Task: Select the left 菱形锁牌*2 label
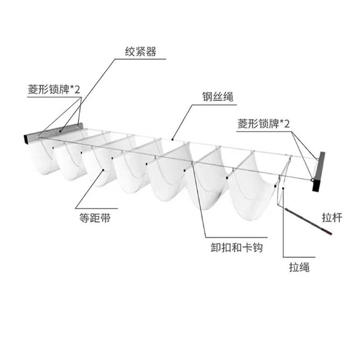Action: [x=53, y=89]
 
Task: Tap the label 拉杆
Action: [x=333, y=218]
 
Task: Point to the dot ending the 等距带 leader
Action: [x=103, y=170]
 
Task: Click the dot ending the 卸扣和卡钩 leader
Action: [x=193, y=162]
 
